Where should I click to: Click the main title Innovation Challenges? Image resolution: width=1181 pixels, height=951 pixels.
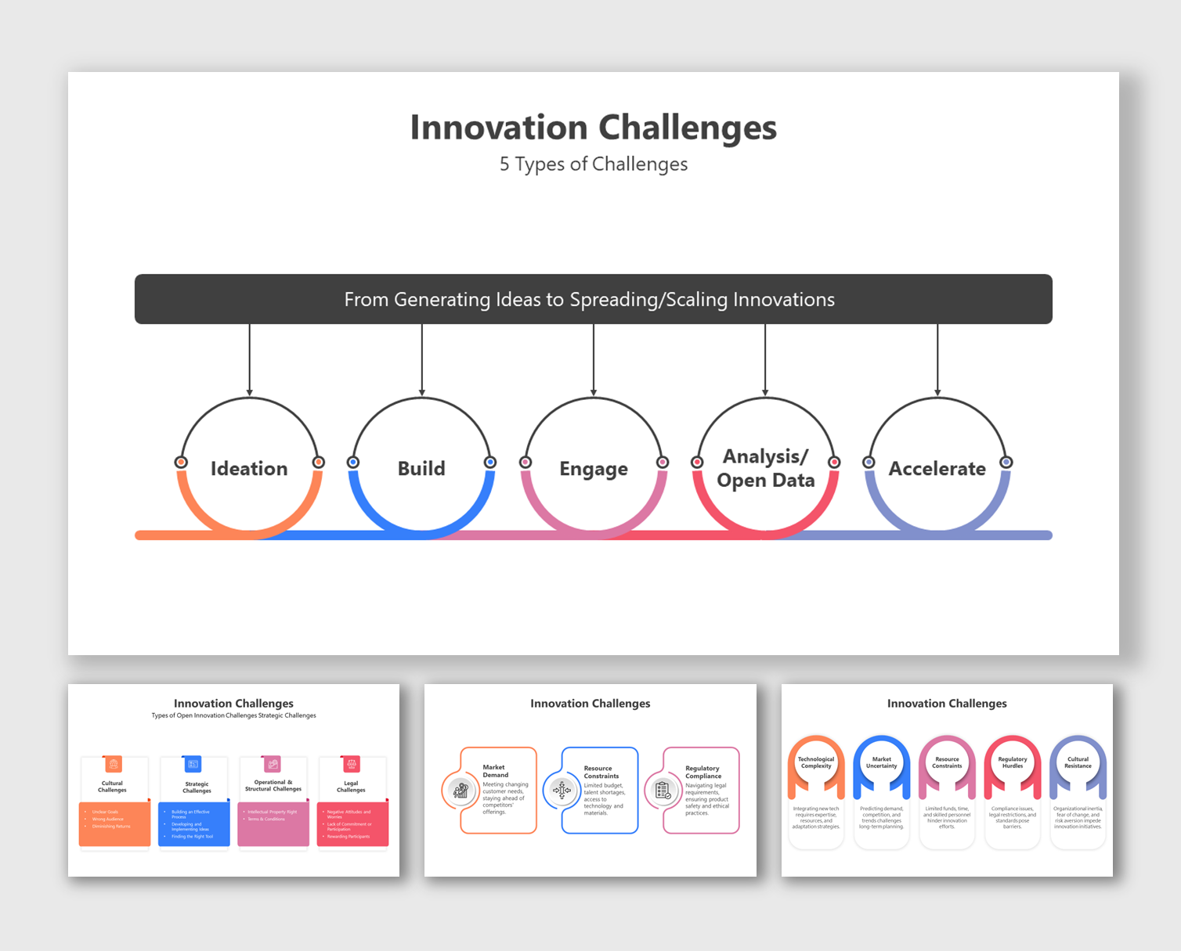(x=593, y=128)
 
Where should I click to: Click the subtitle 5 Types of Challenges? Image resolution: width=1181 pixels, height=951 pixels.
(x=593, y=164)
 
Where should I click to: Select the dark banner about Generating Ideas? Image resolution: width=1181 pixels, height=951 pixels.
(x=593, y=299)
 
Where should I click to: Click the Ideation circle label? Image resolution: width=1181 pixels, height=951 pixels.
(x=249, y=468)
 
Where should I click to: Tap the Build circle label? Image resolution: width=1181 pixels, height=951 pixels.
(x=421, y=468)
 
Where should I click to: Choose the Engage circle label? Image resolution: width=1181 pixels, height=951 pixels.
(x=593, y=469)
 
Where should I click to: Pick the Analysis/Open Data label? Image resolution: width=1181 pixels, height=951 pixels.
(x=765, y=468)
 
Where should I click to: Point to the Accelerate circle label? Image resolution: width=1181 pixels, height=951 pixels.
(x=937, y=468)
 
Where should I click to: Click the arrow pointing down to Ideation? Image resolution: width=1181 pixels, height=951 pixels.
(x=250, y=360)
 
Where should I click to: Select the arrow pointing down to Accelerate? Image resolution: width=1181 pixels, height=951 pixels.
(x=937, y=360)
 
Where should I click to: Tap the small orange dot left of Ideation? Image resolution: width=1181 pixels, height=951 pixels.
(x=181, y=462)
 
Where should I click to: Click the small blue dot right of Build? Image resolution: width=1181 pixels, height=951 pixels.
(x=490, y=462)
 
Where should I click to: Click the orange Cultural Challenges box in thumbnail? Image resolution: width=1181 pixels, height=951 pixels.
(x=114, y=823)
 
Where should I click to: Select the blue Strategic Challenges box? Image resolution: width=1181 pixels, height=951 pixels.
(x=194, y=823)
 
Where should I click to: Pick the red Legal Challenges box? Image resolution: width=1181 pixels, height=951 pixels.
(x=352, y=823)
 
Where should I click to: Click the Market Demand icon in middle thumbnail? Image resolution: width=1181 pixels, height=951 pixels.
(x=460, y=791)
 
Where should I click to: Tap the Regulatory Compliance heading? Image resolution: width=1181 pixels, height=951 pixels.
(x=702, y=772)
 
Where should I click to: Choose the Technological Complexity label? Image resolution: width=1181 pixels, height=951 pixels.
(x=816, y=762)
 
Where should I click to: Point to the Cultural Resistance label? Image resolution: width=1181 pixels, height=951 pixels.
(x=1078, y=762)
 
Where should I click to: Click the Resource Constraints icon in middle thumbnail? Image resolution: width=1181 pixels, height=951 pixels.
(x=562, y=791)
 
